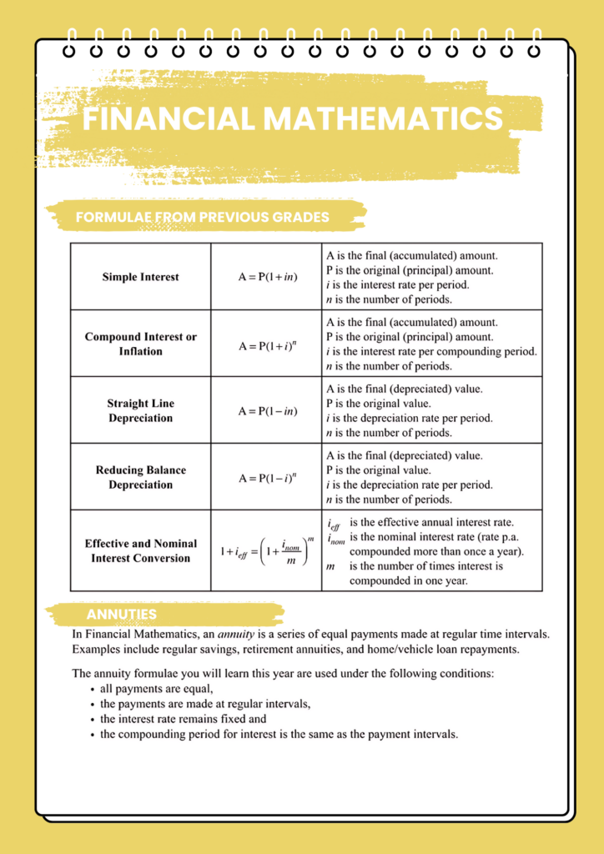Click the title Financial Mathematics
(x=293, y=118)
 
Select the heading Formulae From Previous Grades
(x=202, y=218)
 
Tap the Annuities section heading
(x=121, y=615)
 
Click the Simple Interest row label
(x=140, y=277)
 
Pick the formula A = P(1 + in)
(x=267, y=277)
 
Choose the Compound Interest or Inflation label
(x=140, y=344)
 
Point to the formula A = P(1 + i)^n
(x=267, y=344)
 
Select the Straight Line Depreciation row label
(x=140, y=410)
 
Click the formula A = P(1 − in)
(x=267, y=410)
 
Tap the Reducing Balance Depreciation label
(x=140, y=477)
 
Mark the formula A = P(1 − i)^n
(x=267, y=477)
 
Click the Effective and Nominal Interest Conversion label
(x=140, y=550)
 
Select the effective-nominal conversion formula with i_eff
(x=267, y=551)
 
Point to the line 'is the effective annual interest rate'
(x=431, y=522)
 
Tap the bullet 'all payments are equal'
(x=156, y=689)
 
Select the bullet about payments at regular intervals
(x=204, y=704)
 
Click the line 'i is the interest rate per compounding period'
(x=431, y=351)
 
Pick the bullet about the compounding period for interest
(x=279, y=734)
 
